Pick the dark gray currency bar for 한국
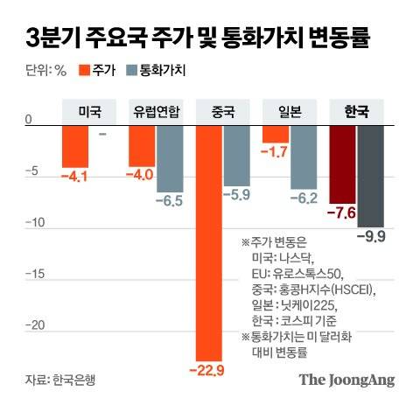[372, 175]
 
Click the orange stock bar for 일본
[276, 133]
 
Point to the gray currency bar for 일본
[304, 156]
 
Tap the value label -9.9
[372, 236]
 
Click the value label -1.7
[276, 152]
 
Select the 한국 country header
[356, 112]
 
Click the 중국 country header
[223, 112]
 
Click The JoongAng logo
[347, 381]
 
